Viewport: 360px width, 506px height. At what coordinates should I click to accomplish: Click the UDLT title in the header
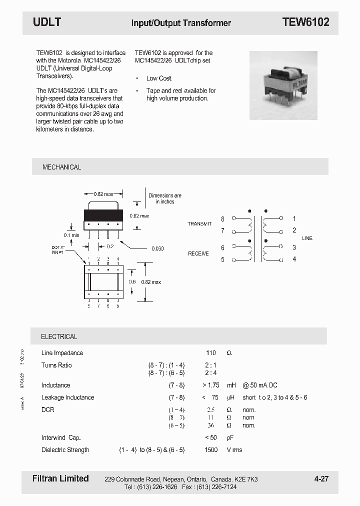tap(47, 22)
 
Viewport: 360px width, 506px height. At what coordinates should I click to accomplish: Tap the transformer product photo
tap(283, 85)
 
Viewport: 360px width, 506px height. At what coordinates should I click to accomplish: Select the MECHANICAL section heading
tap(61, 167)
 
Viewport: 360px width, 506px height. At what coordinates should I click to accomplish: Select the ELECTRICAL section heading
tap(59, 336)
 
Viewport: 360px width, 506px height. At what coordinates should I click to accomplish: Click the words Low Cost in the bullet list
tap(159, 78)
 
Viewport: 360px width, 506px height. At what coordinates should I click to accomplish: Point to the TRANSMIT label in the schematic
tap(199, 224)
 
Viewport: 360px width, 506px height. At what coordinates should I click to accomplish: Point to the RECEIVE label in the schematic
tap(198, 254)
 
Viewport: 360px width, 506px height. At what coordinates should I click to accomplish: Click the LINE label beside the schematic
tap(307, 238)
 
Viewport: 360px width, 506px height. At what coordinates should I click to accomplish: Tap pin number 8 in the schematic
tap(222, 219)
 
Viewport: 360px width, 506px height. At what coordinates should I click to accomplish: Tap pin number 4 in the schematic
tap(294, 259)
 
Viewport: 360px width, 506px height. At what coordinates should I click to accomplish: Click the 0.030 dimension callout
tap(157, 248)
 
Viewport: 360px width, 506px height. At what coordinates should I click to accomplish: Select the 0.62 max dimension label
tap(139, 216)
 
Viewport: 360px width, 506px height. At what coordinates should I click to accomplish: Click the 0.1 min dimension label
tap(71, 235)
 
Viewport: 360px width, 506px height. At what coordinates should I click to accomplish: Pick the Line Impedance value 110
tap(211, 353)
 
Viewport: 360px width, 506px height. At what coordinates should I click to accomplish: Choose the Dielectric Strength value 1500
tap(211, 450)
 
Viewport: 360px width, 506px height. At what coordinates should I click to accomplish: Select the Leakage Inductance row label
tap(67, 397)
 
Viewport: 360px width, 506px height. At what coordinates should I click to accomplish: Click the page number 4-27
tap(321, 479)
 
